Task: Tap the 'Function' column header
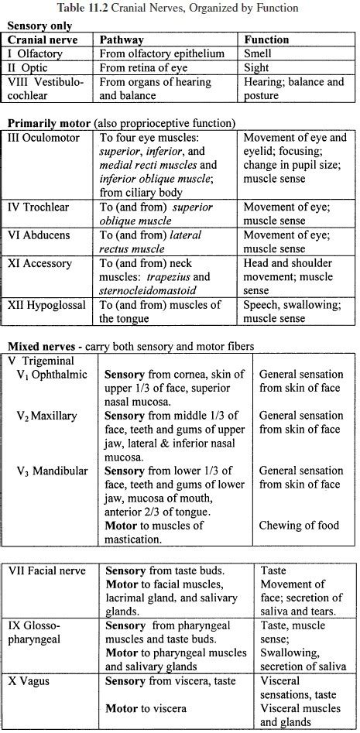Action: tap(267, 39)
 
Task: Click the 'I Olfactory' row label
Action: tap(38, 53)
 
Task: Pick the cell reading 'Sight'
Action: tap(257, 67)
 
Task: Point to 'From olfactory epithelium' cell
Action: tap(162, 53)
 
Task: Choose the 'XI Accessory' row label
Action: tap(40, 263)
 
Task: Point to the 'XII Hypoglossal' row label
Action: tap(47, 305)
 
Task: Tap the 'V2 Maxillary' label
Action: tap(48, 416)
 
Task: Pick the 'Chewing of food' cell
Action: tap(299, 526)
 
